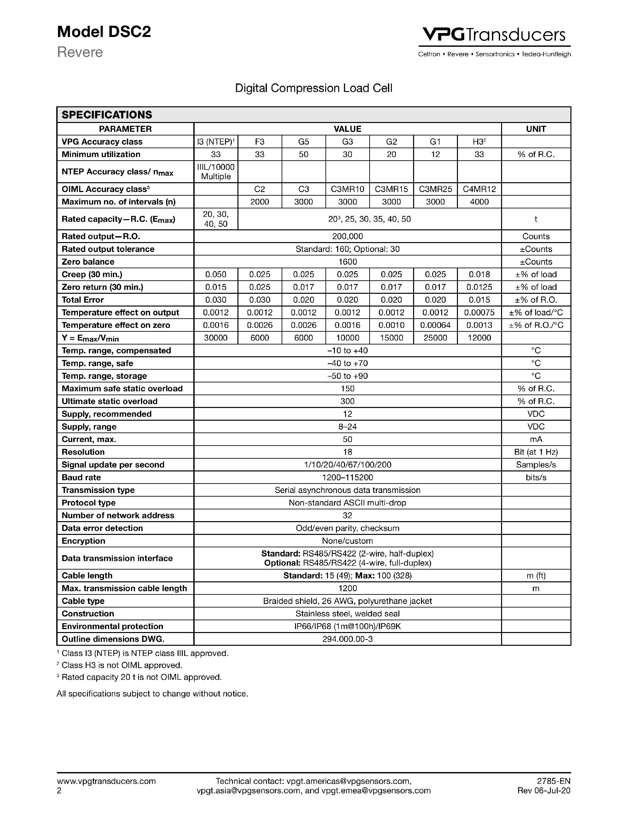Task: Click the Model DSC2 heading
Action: pyautogui.click(x=104, y=32)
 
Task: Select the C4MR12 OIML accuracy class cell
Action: pyautogui.click(x=479, y=189)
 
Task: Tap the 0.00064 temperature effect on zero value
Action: pyautogui.click(x=435, y=325)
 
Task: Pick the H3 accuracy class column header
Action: pyautogui.click(x=479, y=142)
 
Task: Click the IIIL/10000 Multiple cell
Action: pyautogui.click(x=216, y=171)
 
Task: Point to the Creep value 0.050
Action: pyautogui.click(x=216, y=274)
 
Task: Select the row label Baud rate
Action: pyautogui.click(x=81, y=477)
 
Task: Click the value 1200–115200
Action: pyautogui.click(x=347, y=477)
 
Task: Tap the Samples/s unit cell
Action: pyautogui.click(x=536, y=465)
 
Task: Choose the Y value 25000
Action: pyautogui.click(x=435, y=338)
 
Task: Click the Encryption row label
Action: pyautogui.click(x=83, y=541)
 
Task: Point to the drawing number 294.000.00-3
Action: pyautogui.click(x=347, y=639)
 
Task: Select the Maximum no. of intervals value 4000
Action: pyautogui.click(x=479, y=202)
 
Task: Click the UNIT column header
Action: pyautogui.click(x=536, y=129)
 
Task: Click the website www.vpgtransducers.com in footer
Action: pyautogui.click(x=106, y=781)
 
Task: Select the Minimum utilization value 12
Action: pyautogui.click(x=435, y=154)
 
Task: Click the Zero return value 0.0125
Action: pyautogui.click(x=479, y=287)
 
